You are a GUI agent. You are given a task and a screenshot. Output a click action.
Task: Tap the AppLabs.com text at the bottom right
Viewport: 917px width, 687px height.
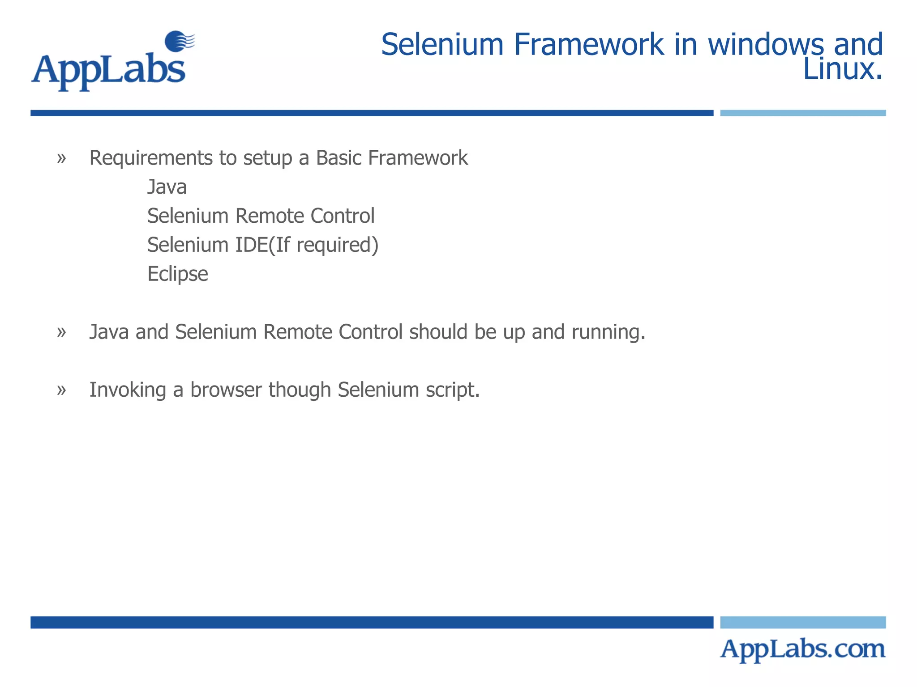coord(802,649)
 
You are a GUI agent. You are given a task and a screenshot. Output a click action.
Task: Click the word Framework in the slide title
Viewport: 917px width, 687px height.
coord(588,45)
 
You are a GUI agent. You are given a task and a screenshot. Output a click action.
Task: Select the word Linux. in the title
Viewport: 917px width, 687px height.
coord(843,70)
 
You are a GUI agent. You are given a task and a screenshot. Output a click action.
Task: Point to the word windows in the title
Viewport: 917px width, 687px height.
coord(765,45)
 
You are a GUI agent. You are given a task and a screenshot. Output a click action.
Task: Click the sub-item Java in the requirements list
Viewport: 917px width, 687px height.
coord(167,187)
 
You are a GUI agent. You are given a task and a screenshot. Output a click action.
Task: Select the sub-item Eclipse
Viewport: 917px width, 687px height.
coord(178,274)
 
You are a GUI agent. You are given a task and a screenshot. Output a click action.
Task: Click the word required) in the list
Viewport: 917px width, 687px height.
coord(338,245)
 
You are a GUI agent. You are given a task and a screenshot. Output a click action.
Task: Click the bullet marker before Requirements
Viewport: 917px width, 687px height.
coord(62,158)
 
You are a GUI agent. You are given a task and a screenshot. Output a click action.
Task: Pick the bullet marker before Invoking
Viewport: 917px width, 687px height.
coord(62,390)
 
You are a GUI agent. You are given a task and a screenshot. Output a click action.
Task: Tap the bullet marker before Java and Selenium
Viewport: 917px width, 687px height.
coord(62,332)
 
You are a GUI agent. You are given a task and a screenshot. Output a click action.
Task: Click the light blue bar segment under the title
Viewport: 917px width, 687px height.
coord(802,113)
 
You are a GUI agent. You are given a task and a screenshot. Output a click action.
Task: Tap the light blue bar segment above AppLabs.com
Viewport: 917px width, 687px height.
coord(802,622)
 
